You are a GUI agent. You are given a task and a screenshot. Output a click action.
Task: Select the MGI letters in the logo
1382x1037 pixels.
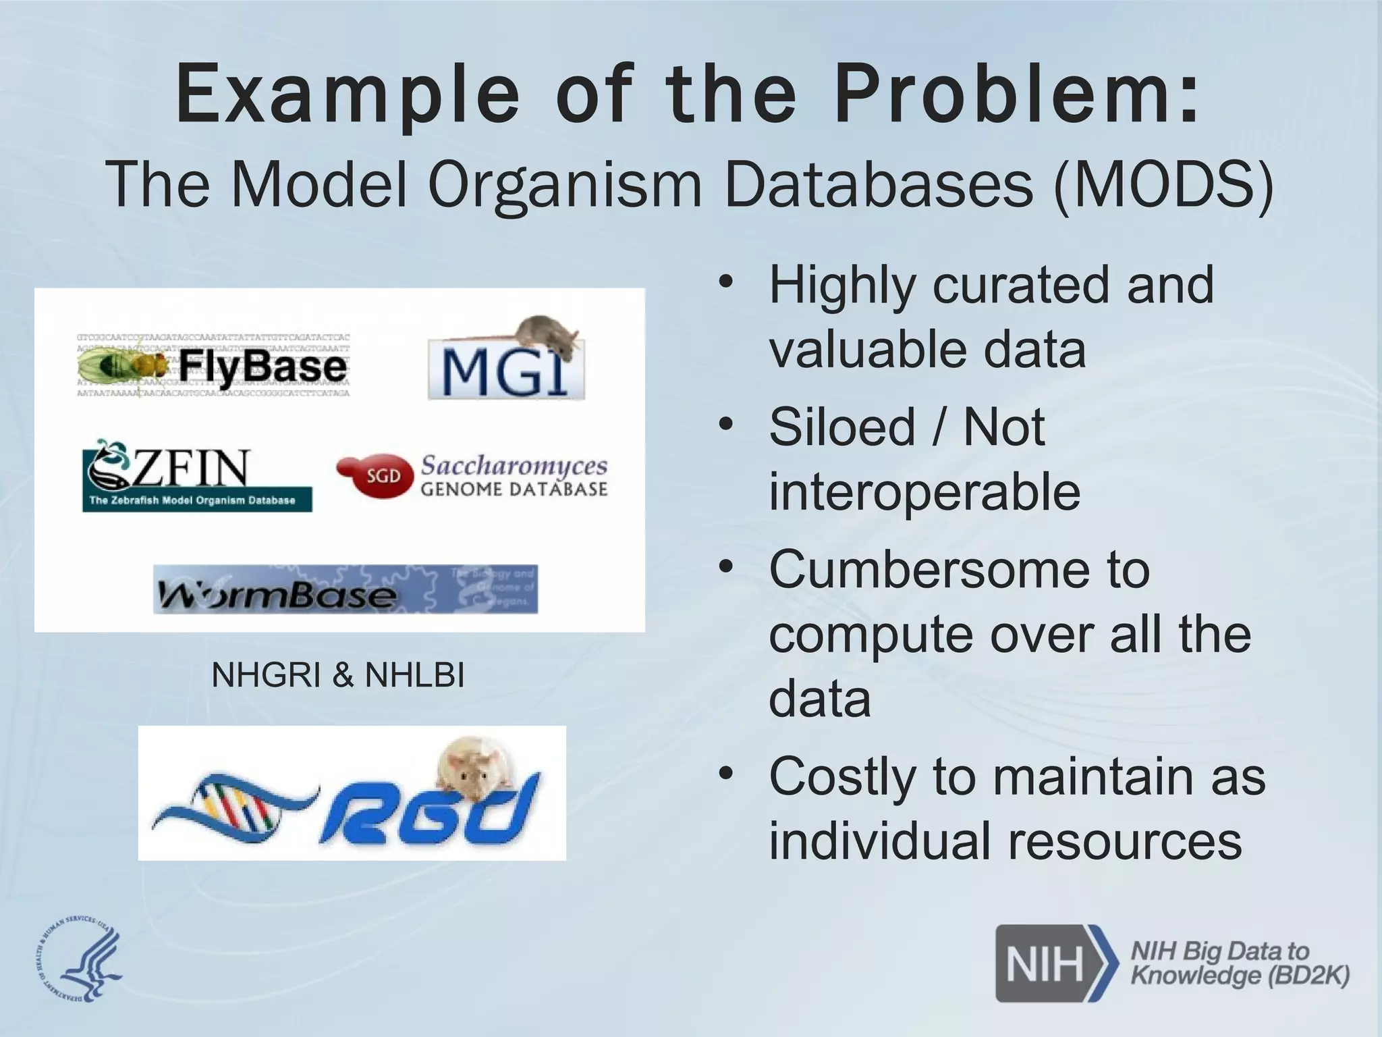[499, 375]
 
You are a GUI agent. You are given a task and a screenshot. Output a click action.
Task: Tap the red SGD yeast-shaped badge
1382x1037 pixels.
[375, 476]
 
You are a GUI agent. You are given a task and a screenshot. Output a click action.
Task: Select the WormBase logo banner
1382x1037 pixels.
[345, 589]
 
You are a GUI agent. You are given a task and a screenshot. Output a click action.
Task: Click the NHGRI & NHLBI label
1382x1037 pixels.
[338, 675]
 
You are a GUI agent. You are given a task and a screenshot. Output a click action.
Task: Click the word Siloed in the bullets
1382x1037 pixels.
[841, 427]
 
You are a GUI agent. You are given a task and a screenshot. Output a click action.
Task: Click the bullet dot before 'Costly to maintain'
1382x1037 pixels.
[725, 772]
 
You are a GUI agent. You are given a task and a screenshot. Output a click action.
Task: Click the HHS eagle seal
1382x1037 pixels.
[78, 961]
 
